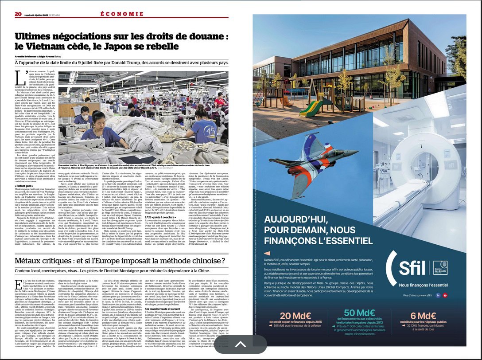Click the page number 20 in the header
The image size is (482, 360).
pos(18,14)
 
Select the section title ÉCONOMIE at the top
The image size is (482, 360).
pos(121,14)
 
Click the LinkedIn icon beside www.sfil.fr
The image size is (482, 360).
pos(438,295)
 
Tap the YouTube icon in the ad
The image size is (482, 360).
pos(445,295)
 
